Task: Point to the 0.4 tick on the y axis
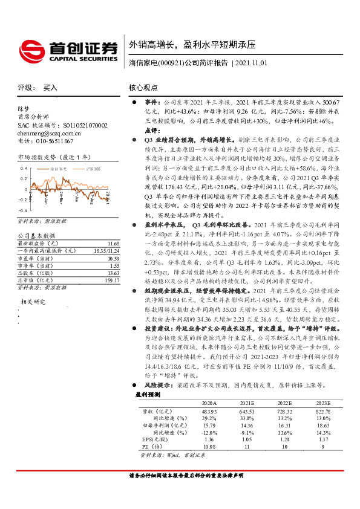24,168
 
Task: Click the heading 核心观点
144,88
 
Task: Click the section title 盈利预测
146,394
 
